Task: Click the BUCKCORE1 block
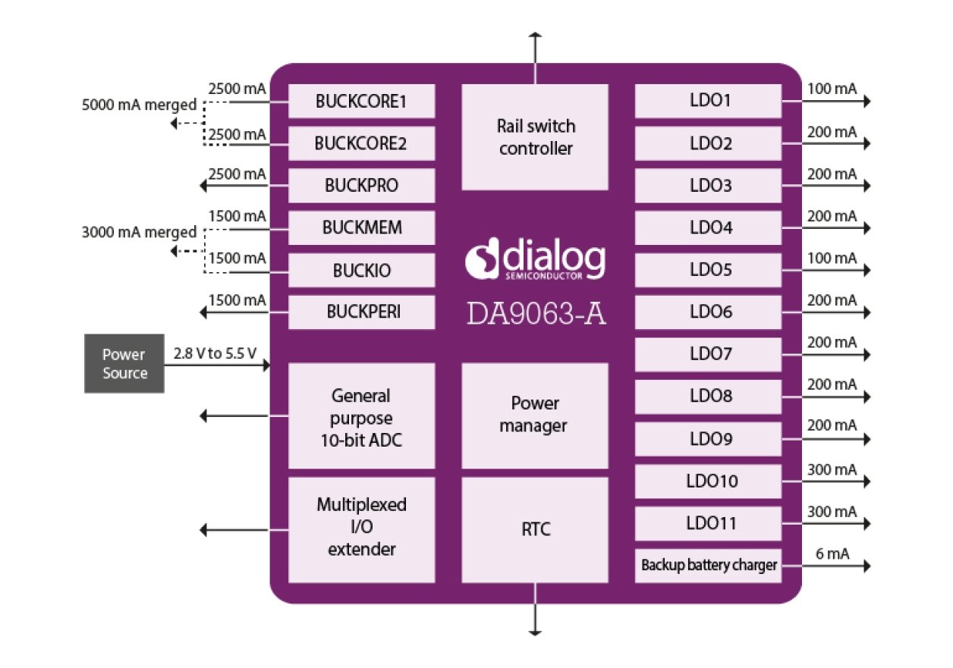pos(361,101)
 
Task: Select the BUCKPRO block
pos(361,186)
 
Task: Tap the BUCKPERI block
pos(361,312)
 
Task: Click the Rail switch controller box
pos(535,137)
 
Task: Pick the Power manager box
pos(535,416)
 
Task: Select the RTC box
pos(535,529)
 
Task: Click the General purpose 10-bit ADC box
pos(361,416)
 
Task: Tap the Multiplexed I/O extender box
pos(361,528)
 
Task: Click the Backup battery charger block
pos(708,566)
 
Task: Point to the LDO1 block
pos(708,101)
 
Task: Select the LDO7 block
pos(708,354)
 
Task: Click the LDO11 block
pos(708,523)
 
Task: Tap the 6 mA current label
pos(829,554)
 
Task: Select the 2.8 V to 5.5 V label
pos(215,353)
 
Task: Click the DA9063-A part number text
pos(535,312)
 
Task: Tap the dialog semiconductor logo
pos(535,260)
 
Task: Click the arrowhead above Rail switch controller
pos(536,36)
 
